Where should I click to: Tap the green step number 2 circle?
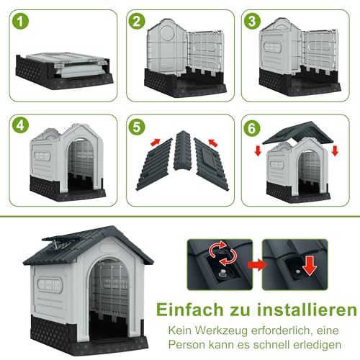tap(138, 22)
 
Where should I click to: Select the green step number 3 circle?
tap(253, 22)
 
